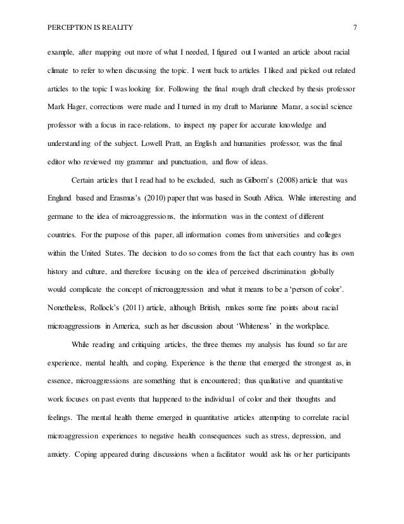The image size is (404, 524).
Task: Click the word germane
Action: coord(61,216)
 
